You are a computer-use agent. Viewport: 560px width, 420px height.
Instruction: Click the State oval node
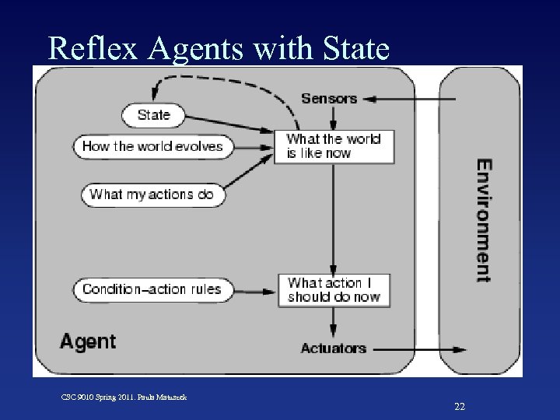tap(153, 115)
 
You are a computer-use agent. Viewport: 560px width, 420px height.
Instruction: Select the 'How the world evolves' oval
tap(153, 146)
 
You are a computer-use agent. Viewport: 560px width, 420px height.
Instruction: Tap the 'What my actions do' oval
tap(152, 194)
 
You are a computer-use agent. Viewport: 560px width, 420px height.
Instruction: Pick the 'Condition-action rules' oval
tap(152, 289)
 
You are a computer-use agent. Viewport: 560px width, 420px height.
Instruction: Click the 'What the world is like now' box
tap(334, 146)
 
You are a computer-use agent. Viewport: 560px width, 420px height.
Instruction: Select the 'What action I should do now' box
tap(334, 289)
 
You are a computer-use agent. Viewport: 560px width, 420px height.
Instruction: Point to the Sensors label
tap(329, 99)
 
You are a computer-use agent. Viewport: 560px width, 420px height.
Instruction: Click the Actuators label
tap(333, 348)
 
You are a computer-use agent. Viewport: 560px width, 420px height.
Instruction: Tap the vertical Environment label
tap(484, 220)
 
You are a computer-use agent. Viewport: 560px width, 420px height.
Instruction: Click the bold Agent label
tap(88, 341)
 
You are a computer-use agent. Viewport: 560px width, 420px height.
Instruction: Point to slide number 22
tap(460, 406)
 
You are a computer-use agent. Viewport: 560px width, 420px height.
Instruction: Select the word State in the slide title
tap(352, 48)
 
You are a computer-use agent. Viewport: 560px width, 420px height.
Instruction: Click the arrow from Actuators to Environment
tap(416, 349)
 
